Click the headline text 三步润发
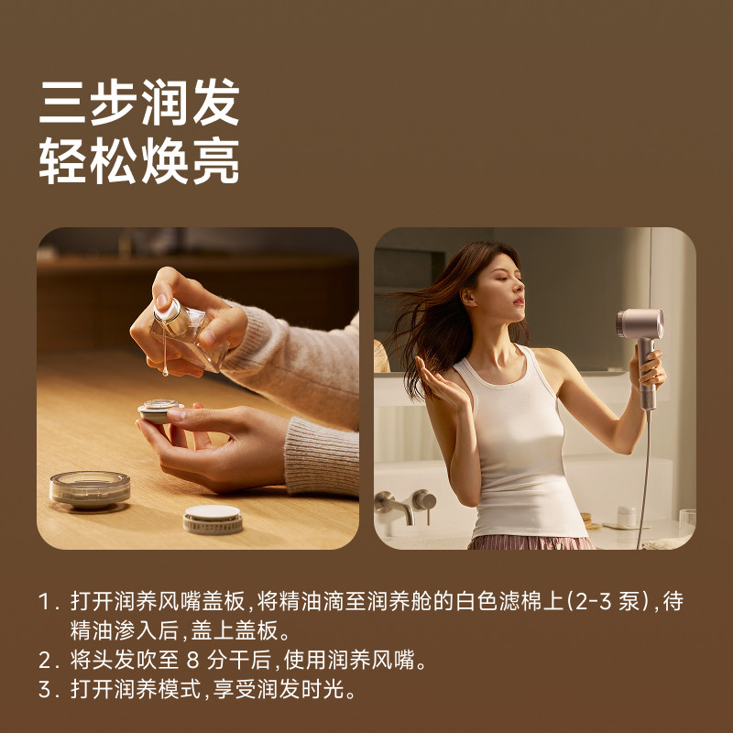[x=139, y=102]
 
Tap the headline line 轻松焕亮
[x=139, y=160]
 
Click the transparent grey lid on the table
[x=90, y=489]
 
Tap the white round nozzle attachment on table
[x=213, y=520]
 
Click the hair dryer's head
[x=640, y=323]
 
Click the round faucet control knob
[x=424, y=500]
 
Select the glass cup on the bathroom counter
[x=686, y=522]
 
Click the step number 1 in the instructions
[x=46, y=602]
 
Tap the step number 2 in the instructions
[x=48, y=661]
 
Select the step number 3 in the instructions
[x=48, y=690]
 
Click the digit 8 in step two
[x=192, y=661]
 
